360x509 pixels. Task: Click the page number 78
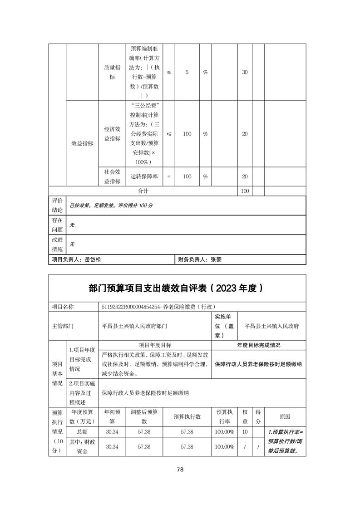180,470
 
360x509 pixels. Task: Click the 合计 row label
143,191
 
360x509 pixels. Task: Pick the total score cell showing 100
245,191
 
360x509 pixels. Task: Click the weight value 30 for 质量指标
245,73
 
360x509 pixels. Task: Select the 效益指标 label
82,143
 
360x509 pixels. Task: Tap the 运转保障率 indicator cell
144,176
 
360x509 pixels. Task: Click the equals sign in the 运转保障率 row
169,176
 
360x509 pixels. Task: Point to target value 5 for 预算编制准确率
187,73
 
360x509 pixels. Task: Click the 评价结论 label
57,205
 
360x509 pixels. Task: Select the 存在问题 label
57,225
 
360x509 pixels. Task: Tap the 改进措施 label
57,244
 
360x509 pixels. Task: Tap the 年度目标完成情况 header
259,345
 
